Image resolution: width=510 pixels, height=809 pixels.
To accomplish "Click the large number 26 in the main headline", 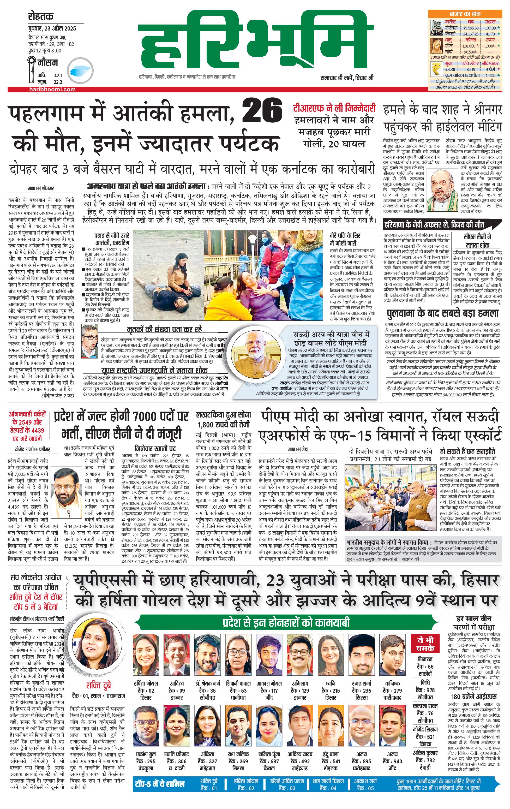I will coord(262,110).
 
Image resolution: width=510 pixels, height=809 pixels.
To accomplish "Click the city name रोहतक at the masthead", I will coord(41,16).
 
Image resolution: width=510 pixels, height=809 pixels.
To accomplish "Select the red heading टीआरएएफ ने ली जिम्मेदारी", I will coord(334,109).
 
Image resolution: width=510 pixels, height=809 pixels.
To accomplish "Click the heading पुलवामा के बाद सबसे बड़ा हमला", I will coord(442,313).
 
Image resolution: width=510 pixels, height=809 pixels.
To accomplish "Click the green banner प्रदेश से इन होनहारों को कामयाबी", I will coord(286,623).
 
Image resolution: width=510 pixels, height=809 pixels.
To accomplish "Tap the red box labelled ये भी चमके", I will coord(425,644).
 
